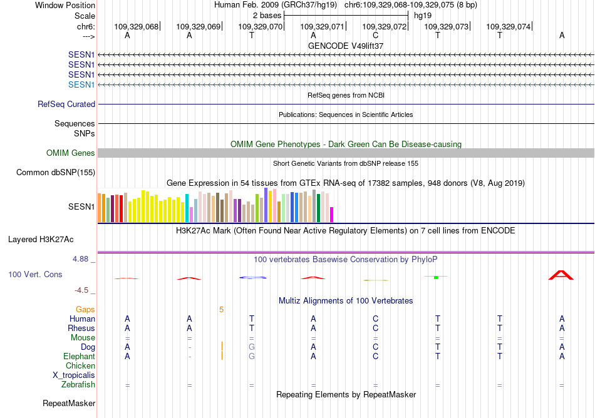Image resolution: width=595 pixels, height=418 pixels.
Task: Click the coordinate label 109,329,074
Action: [508, 26]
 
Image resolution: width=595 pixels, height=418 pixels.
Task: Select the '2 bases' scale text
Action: [267, 15]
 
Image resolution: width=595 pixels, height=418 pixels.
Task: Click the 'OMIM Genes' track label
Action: [71, 153]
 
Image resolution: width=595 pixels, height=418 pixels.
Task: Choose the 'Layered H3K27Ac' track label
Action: [41, 239]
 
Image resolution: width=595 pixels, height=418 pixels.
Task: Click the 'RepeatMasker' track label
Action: [69, 404]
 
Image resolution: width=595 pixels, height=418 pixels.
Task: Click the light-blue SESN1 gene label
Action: [81, 84]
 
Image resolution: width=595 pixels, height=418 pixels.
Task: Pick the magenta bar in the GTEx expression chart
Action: [332, 215]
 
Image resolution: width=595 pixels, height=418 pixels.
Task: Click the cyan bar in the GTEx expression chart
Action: [187, 208]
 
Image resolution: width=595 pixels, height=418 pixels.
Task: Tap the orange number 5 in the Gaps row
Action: [221, 309]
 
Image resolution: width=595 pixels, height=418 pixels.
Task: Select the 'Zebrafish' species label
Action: [78, 385]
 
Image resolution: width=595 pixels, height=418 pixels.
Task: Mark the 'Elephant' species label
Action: [78, 356]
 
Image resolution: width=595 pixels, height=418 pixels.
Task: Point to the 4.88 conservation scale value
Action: [83, 258]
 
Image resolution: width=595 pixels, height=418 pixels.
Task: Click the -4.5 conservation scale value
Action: [84, 290]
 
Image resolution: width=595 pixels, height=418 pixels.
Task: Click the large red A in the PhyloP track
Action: [561, 275]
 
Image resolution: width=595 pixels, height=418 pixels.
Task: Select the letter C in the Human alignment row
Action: [375, 319]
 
